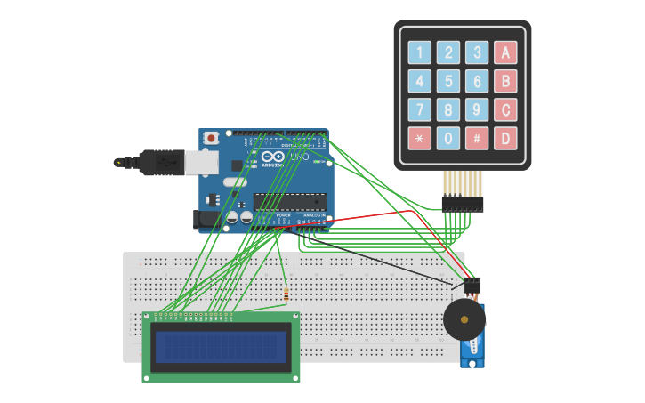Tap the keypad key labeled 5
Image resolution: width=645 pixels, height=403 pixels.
tap(448, 82)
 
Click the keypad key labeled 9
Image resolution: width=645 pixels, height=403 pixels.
tap(478, 110)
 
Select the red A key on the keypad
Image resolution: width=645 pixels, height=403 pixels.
tap(505, 53)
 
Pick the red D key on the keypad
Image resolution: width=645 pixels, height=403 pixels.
tap(505, 139)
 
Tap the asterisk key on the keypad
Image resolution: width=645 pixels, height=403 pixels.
tap(419, 139)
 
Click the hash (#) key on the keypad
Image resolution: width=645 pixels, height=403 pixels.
tap(478, 139)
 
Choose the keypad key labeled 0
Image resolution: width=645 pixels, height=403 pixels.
tap(448, 139)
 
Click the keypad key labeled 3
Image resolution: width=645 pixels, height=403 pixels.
tap(478, 53)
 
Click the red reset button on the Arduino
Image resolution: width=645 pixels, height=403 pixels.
tap(211, 138)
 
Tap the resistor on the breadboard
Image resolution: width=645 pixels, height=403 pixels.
tap(285, 294)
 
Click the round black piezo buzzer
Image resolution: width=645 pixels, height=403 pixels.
tap(464, 319)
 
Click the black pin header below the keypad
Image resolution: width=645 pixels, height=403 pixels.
tap(463, 204)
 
